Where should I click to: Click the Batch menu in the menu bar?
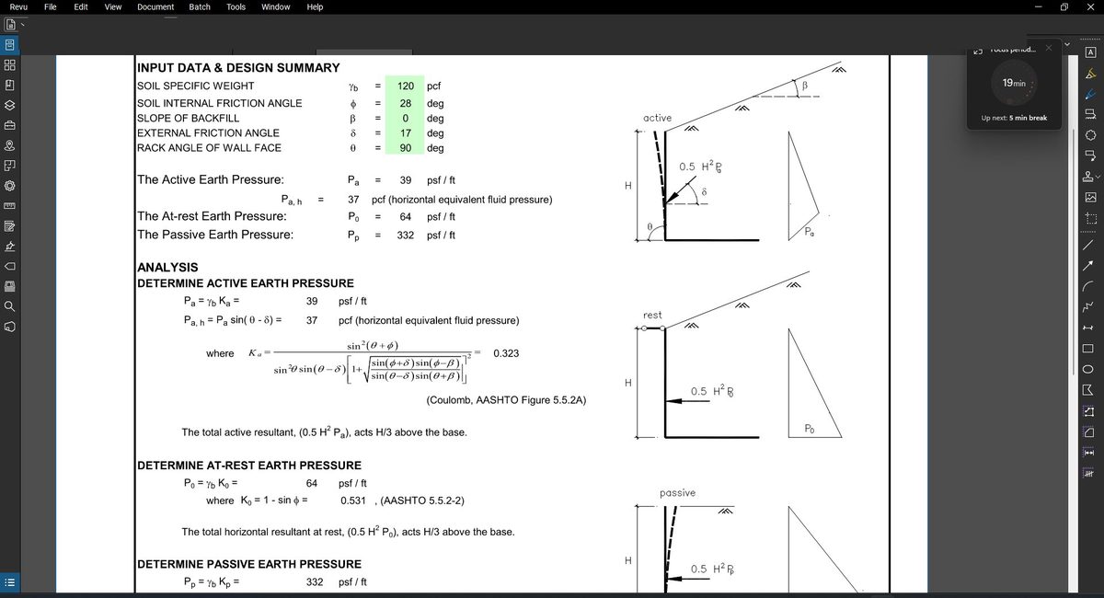pyautogui.click(x=200, y=7)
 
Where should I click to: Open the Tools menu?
pyautogui.click(x=236, y=7)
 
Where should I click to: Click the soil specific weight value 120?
pyautogui.click(x=405, y=86)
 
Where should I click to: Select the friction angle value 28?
pyautogui.click(x=405, y=103)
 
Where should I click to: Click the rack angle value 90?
pyautogui.click(x=405, y=147)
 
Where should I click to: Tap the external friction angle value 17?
pyautogui.click(x=405, y=132)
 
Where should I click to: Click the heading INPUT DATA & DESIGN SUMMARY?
pyautogui.click(x=238, y=68)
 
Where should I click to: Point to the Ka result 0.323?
pyautogui.click(x=507, y=353)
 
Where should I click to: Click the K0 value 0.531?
pyautogui.click(x=353, y=500)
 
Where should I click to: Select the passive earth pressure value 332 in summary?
pyautogui.click(x=405, y=236)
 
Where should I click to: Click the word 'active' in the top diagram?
pyautogui.click(x=657, y=118)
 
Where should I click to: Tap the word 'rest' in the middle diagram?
pyautogui.click(x=652, y=315)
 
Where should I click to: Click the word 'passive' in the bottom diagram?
pyautogui.click(x=677, y=493)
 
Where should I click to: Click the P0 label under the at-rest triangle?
pyautogui.click(x=809, y=429)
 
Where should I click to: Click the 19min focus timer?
pyautogui.click(x=1014, y=83)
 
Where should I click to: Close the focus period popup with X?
pyautogui.click(x=1048, y=48)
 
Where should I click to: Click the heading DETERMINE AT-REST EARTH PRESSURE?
pyautogui.click(x=249, y=466)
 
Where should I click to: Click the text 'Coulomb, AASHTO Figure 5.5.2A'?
pyautogui.click(x=506, y=400)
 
